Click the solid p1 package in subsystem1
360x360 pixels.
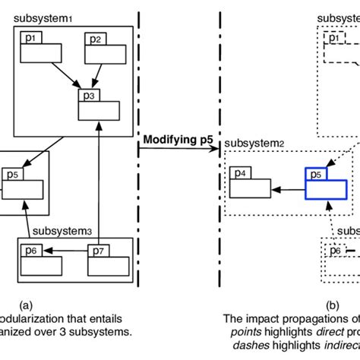(x=39, y=50)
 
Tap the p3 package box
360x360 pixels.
(x=98, y=103)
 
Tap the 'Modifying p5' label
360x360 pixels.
(x=178, y=139)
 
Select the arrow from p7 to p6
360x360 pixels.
(x=73, y=251)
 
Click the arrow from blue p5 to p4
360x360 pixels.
(x=288, y=186)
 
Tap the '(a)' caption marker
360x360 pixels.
(x=26, y=306)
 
